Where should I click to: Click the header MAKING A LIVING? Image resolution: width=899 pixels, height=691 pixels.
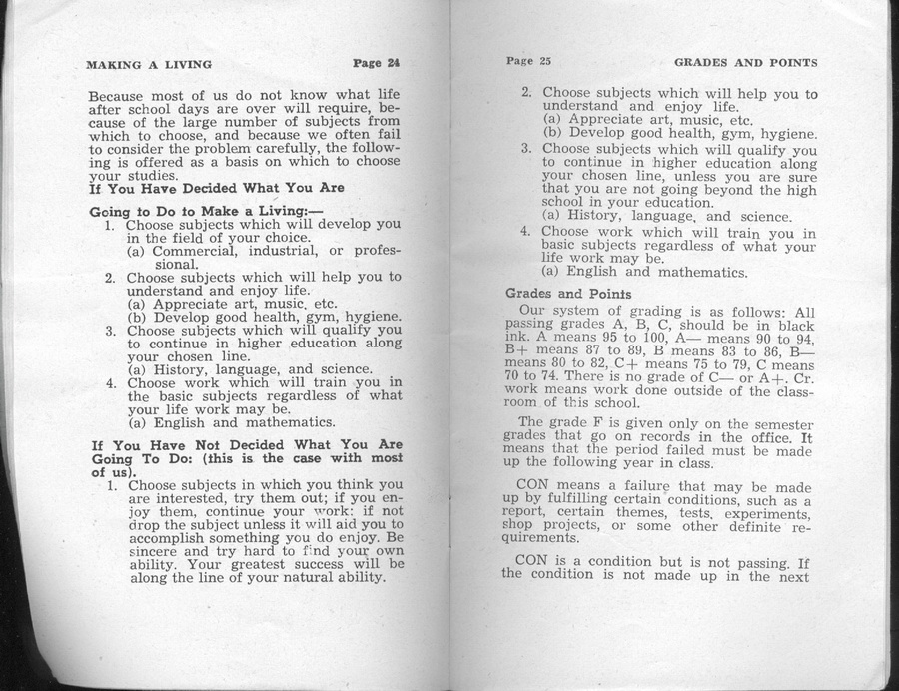coord(149,65)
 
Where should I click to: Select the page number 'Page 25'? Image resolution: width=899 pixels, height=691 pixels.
coord(528,61)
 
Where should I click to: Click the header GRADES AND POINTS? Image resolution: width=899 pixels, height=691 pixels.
coord(752,62)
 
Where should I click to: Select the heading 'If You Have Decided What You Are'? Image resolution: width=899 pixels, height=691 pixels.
coord(217,187)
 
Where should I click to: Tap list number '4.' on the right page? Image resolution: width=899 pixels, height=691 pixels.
coord(525,232)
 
